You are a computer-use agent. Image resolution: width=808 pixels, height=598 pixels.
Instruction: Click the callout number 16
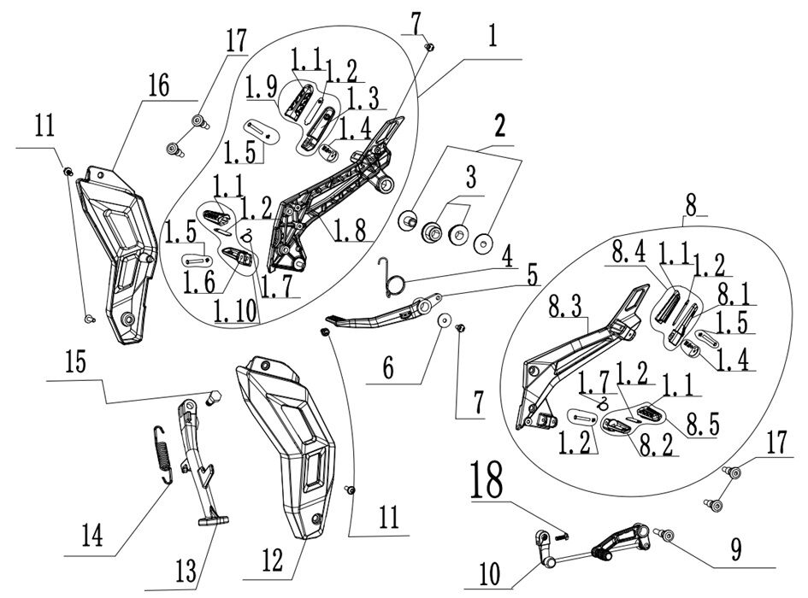pyautogui.click(x=157, y=86)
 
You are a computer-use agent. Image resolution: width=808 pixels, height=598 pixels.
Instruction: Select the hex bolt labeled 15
pyautogui.click(x=214, y=395)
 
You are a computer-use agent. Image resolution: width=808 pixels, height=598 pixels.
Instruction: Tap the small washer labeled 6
pyautogui.click(x=444, y=320)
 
